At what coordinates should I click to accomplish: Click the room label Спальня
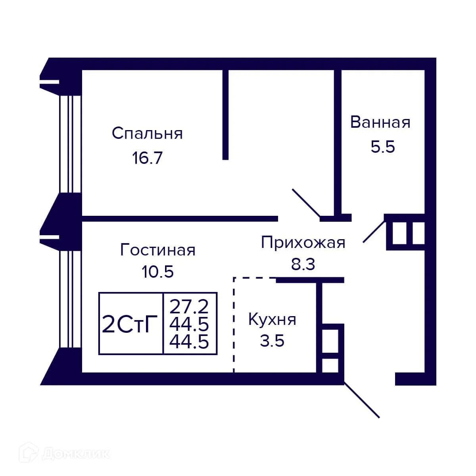click(x=147, y=134)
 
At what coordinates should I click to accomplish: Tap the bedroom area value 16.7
click(x=147, y=158)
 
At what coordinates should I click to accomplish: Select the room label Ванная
click(x=380, y=123)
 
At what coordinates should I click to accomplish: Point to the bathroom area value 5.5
click(x=383, y=147)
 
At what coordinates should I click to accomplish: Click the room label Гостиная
click(x=157, y=250)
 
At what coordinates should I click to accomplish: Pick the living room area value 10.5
click(x=157, y=272)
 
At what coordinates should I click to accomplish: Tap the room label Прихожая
click(x=303, y=242)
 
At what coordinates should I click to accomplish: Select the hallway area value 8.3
click(x=303, y=264)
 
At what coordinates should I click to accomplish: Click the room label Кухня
click(x=272, y=319)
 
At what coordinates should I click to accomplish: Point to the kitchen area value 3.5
click(x=272, y=341)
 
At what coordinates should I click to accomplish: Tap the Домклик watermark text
click(x=75, y=453)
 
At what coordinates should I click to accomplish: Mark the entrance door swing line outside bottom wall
click(x=361, y=400)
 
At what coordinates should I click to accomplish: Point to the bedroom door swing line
click(x=306, y=203)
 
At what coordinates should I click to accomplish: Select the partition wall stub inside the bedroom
click(x=225, y=115)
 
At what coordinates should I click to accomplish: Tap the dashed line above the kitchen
click(x=254, y=278)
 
